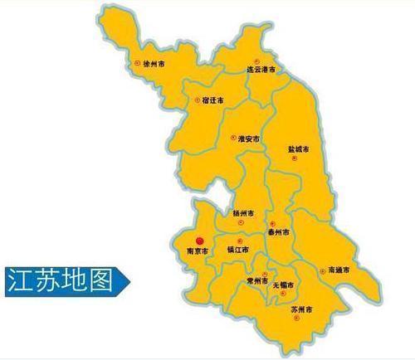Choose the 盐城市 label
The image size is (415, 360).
pos(298,150)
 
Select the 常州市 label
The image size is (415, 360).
pos(256,282)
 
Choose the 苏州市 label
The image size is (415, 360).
pos(301,310)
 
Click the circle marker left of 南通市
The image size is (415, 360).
pos(321,270)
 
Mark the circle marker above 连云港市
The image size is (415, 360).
pos(256,62)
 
